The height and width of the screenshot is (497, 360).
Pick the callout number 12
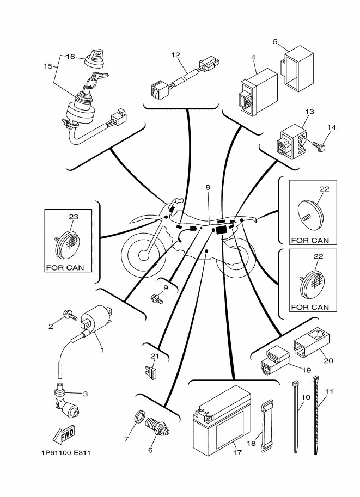pos(175,55)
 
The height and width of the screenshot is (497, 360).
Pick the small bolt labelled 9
pos(157,298)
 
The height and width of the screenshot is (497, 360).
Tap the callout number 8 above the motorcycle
pos(208,187)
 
